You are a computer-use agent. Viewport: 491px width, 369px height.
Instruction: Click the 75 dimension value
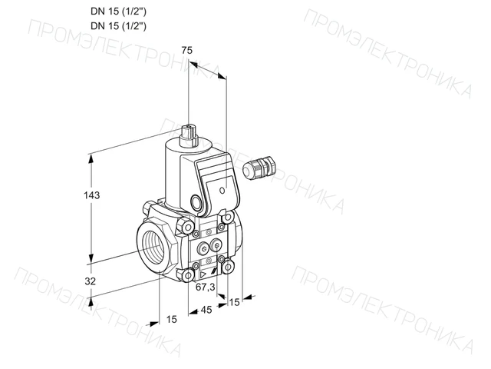coord(187,50)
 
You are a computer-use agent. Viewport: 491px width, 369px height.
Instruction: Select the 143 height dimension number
coord(91,195)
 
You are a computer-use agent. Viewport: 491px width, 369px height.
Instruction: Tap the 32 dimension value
coord(91,281)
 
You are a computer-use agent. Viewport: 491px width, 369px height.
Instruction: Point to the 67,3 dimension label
coord(205,287)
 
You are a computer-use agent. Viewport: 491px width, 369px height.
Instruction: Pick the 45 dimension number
coord(206,310)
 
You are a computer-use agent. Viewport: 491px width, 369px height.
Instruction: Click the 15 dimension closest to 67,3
coord(234,302)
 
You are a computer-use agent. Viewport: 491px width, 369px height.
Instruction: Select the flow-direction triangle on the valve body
coord(203,275)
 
